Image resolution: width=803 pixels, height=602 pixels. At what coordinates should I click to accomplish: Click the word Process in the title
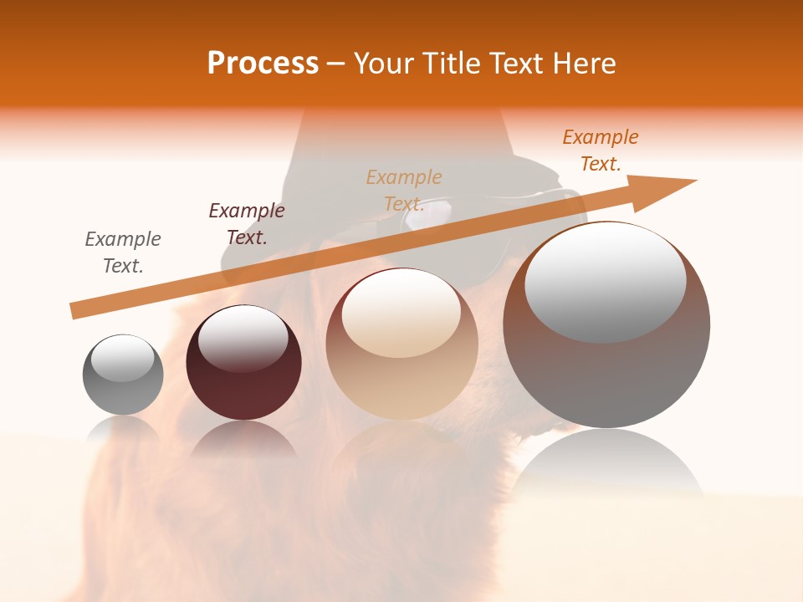263,64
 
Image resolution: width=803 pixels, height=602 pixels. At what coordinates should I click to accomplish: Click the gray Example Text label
123,252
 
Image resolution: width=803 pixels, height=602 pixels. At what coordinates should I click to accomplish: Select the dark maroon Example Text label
247,223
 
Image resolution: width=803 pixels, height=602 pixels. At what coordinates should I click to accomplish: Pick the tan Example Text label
404,190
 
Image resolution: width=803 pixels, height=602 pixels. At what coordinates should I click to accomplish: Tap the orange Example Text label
601,150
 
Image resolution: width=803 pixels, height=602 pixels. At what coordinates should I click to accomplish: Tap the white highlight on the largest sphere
605,280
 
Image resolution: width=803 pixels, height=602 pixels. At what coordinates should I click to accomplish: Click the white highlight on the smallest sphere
123,358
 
